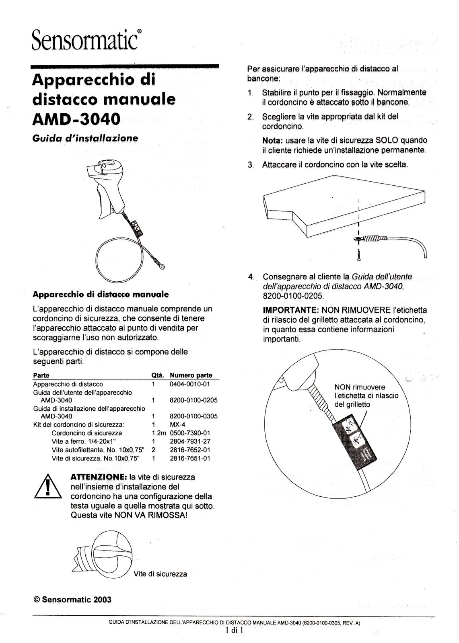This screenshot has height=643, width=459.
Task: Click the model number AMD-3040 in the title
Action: click(76, 119)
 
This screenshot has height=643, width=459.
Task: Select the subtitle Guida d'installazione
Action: click(85, 138)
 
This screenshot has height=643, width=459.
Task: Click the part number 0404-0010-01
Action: click(190, 384)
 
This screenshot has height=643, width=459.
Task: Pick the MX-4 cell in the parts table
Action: click(177, 424)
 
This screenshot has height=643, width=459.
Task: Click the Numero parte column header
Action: click(191, 375)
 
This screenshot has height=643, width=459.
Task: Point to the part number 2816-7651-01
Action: click(190, 458)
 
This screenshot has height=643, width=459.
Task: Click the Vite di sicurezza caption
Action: click(160, 574)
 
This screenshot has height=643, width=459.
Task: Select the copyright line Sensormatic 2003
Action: click(72, 600)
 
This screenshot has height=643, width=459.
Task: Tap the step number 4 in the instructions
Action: click(251, 277)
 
